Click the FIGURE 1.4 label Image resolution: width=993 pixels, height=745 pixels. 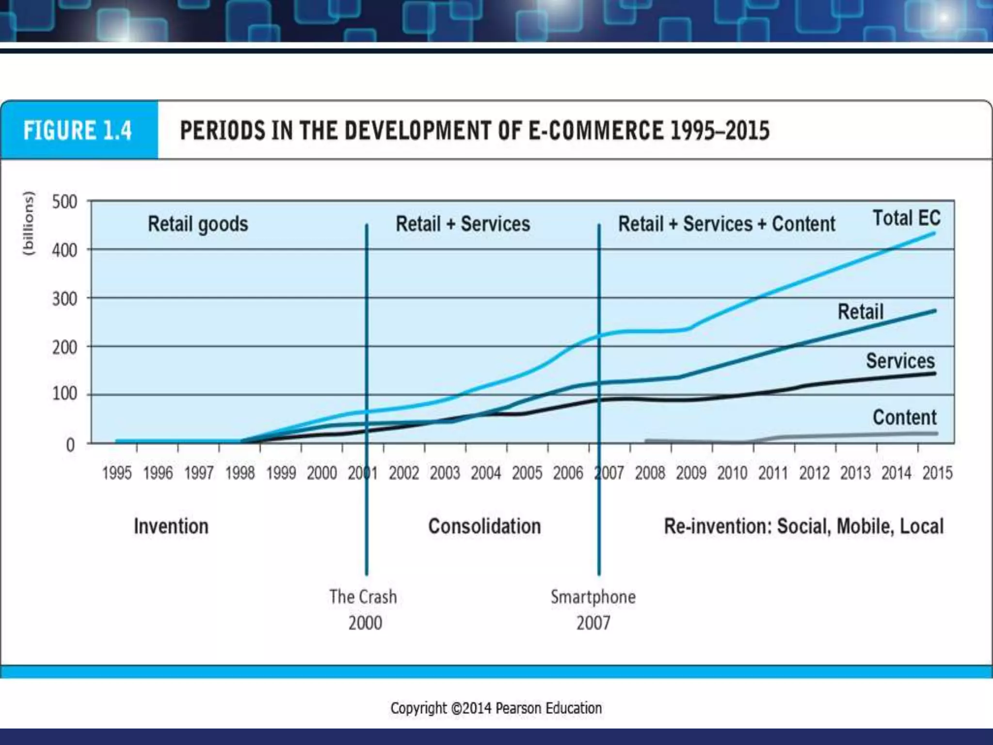pos(78,130)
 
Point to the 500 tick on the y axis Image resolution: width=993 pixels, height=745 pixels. pos(64,202)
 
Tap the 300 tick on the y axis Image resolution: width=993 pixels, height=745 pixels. pos(64,299)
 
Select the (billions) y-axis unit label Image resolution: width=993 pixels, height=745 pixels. pos(29,223)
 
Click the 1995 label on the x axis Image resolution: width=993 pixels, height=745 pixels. pos(116,473)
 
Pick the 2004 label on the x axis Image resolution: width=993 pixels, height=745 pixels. pos(486,473)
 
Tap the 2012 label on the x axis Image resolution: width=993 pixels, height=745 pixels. pos(814,473)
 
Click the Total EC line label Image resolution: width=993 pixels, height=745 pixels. pos(906,218)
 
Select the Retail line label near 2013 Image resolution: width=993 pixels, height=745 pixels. pos(861,312)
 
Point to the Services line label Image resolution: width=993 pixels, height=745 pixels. pos(900,361)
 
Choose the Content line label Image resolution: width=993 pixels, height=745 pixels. pos(905,417)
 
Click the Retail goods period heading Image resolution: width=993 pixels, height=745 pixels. pos(198,224)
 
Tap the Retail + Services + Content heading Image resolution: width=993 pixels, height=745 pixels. pos(726,224)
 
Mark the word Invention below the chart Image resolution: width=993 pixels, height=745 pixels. pos(171,526)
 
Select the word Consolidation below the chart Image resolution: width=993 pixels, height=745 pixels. pos(484,526)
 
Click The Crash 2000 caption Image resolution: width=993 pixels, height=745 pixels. pos(364,610)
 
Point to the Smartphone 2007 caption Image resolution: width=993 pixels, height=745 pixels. pos(593,610)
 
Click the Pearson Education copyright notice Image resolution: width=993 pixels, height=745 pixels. pos(496,708)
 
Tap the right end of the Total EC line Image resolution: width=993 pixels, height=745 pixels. pos(934,233)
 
